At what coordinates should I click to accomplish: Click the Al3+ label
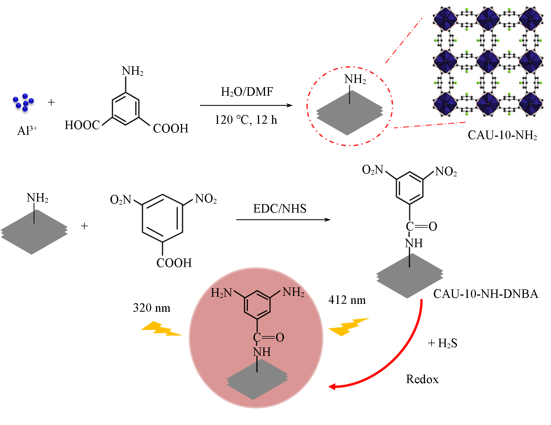pyautogui.click(x=27, y=130)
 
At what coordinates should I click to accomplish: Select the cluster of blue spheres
pyautogui.click(x=24, y=102)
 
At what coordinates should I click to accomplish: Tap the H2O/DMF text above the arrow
pyautogui.click(x=247, y=92)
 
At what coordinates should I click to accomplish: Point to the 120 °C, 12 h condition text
pyautogui.click(x=245, y=120)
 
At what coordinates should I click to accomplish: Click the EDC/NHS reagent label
pyautogui.click(x=279, y=209)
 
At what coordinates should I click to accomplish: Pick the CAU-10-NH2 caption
pyautogui.click(x=502, y=135)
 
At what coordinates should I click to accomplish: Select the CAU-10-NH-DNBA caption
pyautogui.click(x=485, y=294)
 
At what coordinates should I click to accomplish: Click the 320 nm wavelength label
pyautogui.click(x=151, y=308)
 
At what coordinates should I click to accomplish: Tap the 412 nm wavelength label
pyautogui.click(x=347, y=300)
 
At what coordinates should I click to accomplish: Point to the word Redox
pyautogui.click(x=422, y=379)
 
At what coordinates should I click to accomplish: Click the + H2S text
pyautogui.click(x=442, y=343)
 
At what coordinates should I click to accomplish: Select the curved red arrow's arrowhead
pyautogui.click(x=332, y=386)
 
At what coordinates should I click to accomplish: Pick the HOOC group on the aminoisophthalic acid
pyautogui.click(x=82, y=125)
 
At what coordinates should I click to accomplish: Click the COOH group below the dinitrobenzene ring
pyautogui.click(x=174, y=263)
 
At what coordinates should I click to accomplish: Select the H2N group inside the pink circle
pyautogui.click(x=221, y=293)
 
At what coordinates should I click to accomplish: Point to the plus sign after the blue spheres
pyautogui.click(x=51, y=102)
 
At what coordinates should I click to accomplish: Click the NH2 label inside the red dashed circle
pyautogui.click(x=355, y=79)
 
